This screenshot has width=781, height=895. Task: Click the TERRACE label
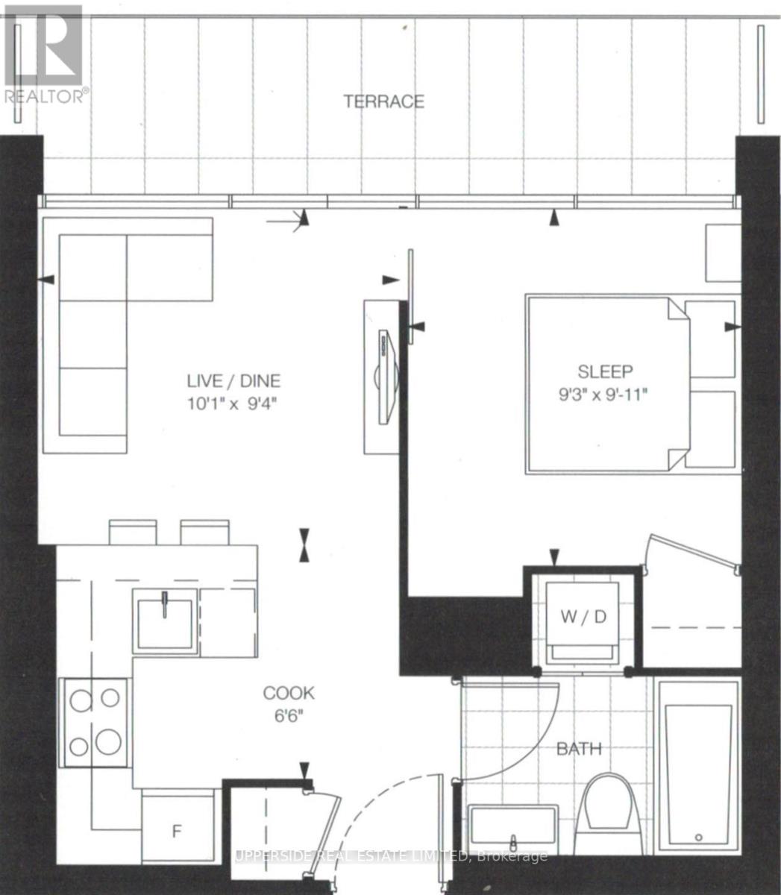tap(383, 101)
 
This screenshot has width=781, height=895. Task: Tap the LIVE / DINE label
tap(233, 381)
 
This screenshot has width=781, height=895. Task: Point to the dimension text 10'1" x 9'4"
tap(232, 403)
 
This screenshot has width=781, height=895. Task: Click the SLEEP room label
tap(605, 372)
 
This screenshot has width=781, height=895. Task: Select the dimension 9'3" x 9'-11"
tap(603, 395)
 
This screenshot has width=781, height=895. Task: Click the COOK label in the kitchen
tap(289, 693)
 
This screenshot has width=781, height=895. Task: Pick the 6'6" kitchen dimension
tap(289, 716)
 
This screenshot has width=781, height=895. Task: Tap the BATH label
tap(579, 749)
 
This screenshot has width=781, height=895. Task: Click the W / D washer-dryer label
tap(583, 617)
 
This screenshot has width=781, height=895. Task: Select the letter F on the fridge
tap(177, 831)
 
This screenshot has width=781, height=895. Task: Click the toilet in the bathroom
tap(608, 814)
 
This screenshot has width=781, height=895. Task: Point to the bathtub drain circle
tap(699, 838)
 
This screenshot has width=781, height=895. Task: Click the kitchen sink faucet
tap(165, 605)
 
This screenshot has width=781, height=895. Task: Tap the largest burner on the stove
tap(108, 742)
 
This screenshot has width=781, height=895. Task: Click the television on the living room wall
tap(387, 377)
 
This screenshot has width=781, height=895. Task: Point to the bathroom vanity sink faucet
tap(515, 841)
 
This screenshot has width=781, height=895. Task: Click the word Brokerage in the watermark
tap(512, 855)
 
